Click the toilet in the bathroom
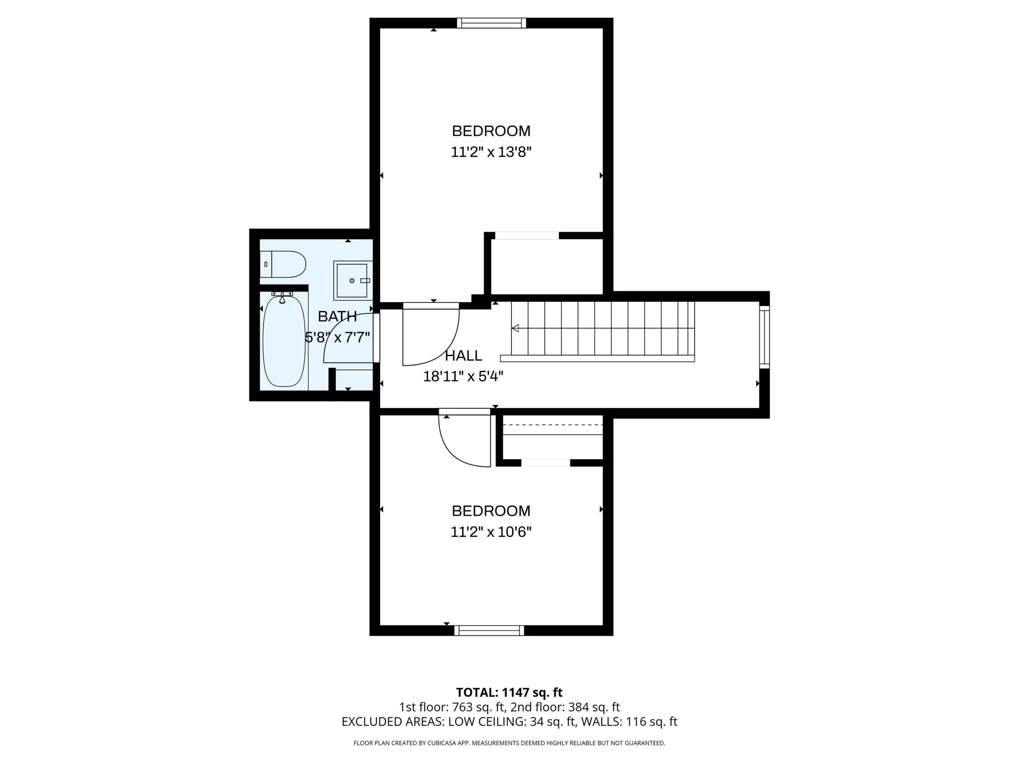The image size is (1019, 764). (283, 264)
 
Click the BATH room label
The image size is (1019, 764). (337, 316)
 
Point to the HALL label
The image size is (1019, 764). (463, 355)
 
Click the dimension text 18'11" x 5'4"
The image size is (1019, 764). (463, 377)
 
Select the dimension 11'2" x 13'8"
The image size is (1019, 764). (491, 152)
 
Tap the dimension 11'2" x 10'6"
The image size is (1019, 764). (491, 532)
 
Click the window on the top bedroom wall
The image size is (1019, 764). (492, 23)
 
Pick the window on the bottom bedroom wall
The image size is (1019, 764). (489, 630)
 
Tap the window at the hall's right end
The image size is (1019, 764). (764, 337)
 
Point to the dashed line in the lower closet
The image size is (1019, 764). (553, 425)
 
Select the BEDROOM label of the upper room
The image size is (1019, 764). (491, 131)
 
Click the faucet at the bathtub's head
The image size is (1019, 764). (282, 297)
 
